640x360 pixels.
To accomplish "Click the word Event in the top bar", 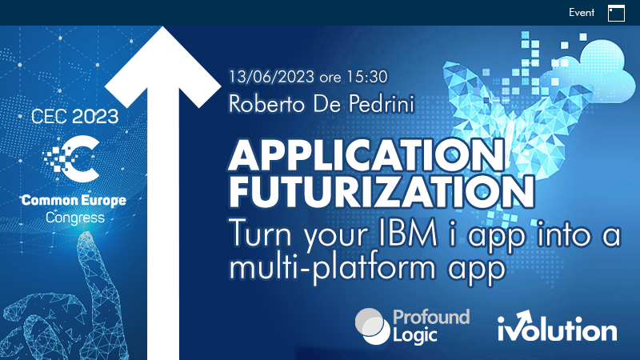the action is (582, 13).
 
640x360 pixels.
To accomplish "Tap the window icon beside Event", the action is (616, 13).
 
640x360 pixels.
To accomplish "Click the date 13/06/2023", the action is (271, 77).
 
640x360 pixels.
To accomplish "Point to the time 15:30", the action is (366, 77).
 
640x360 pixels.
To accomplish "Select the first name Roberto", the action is (266, 104).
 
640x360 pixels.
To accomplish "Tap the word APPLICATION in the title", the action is (367, 155).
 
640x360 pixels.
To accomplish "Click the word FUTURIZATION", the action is (382, 191).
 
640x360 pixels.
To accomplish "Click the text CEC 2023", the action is (74, 117).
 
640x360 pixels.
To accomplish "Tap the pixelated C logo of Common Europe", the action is (72, 158).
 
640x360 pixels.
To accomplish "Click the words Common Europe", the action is (74, 201).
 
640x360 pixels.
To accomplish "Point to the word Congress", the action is (74, 218).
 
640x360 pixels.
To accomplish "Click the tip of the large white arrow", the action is (163, 27).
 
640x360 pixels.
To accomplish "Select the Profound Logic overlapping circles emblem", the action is (372, 326).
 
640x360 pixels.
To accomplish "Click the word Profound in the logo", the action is (431, 317).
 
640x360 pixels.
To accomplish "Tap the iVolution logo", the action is (557, 326).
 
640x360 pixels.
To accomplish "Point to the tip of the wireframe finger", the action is (86, 233).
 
